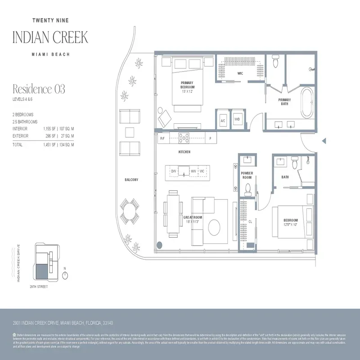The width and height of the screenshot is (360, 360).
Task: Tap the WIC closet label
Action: click(x=240, y=72)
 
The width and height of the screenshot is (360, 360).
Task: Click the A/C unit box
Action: click(x=223, y=120)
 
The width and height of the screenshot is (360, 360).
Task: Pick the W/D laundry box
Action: click(x=237, y=120)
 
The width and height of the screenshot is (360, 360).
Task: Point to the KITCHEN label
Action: click(x=184, y=152)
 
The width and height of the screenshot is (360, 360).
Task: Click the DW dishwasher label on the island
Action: click(x=174, y=171)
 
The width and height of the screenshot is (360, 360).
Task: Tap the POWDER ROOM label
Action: click(x=247, y=175)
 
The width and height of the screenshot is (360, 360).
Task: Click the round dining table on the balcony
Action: click(x=130, y=210)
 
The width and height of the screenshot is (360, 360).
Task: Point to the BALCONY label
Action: click(x=131, y=180)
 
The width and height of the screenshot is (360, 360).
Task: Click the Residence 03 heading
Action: click(x=39, y=89)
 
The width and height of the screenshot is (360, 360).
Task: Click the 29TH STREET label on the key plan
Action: click(x=39, y=286)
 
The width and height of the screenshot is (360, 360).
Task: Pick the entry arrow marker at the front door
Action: click(x=324, y=141)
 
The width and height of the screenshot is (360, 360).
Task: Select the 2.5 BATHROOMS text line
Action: click(x=25, y=122)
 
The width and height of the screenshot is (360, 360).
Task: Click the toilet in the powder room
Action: click(x=247, y=191)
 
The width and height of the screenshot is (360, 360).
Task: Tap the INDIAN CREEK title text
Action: click(x=50, y=37)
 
